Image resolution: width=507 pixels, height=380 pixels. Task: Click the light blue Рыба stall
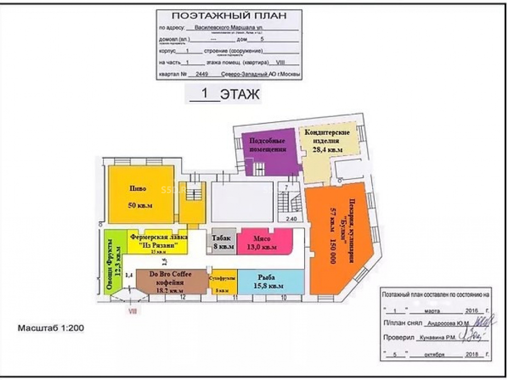click(x=271, y=282)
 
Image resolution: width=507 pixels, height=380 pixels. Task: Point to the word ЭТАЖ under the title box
click(x=240, y=94)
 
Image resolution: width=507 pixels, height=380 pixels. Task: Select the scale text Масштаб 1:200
click(x=51, y=328)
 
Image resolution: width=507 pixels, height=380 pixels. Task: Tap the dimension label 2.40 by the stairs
click(x=291, y=219)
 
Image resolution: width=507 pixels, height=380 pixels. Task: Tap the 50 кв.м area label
click(x=140, y=206)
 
